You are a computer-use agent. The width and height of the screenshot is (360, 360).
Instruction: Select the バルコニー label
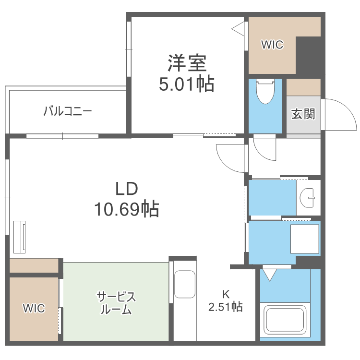pyautogui.click(x=67, y=112)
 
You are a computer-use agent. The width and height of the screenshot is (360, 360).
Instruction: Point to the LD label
pyautogui.click(x=127, y=189)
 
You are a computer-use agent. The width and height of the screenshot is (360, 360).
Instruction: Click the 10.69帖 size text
pyautogui.click(x=127, y=209)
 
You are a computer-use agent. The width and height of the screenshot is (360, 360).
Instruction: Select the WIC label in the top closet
pyautogui.click(x=272, y=45)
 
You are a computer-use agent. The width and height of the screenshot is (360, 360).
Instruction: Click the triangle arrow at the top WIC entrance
pyautogui.click(x=239, y=28)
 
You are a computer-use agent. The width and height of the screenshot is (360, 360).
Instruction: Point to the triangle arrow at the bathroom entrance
pyautogui.click(x=269, y=275)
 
